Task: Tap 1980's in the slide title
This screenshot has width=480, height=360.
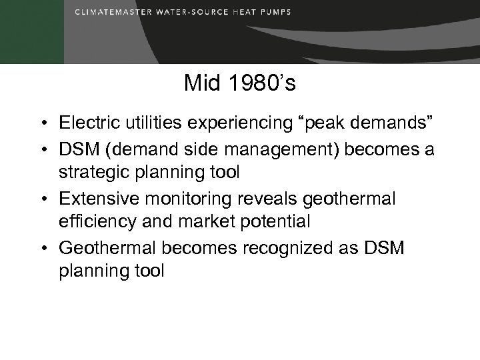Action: pyautogui.click(x=257, y=83)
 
